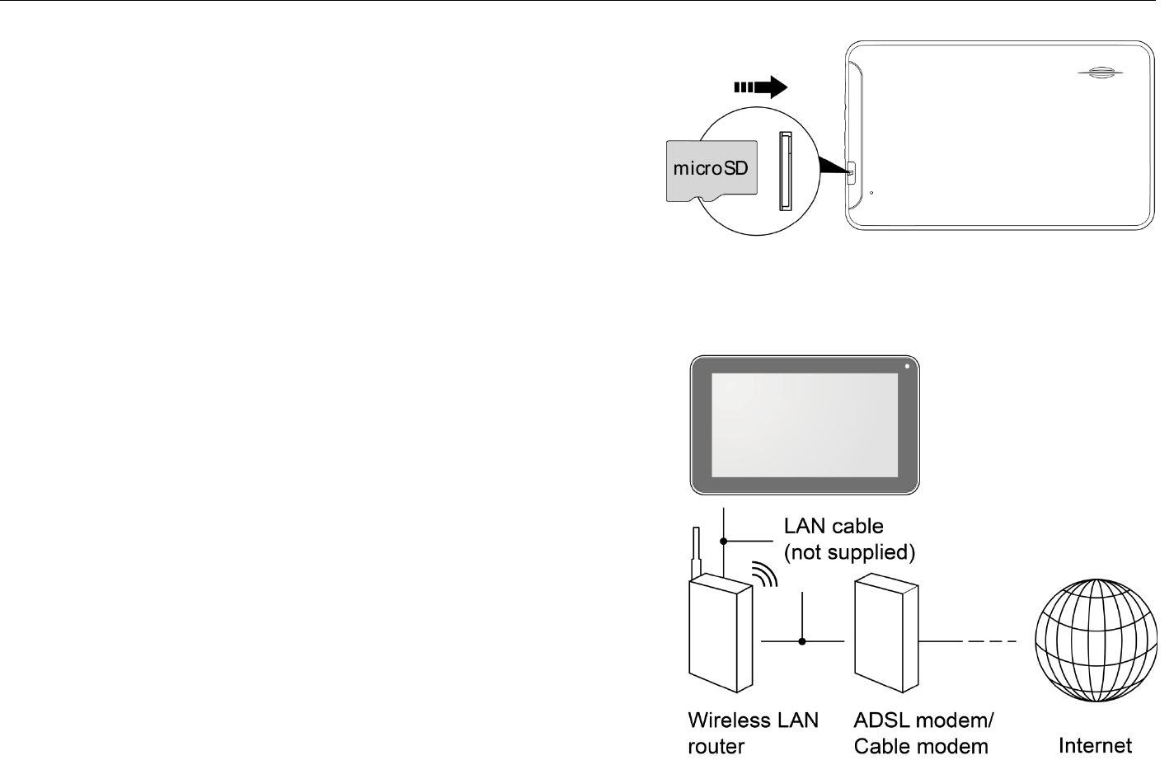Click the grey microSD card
coord(711,170)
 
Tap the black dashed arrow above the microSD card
coord(760,87)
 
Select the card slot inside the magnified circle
coord(785,171)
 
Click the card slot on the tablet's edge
coord(852,172)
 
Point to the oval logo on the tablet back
coord(1100,73)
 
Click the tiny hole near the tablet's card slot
coord(871,194)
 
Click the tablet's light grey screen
coord(804,425)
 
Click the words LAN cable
coord(833,526)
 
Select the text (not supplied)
coord(849,552)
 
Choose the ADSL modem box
coord(886,635)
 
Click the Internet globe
coord(1095,640)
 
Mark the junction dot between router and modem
coord(802,641)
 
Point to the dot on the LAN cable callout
coord(723,542)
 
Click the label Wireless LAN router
coord(753,733)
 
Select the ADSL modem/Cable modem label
coord(923,733)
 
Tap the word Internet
coord(1095,745)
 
